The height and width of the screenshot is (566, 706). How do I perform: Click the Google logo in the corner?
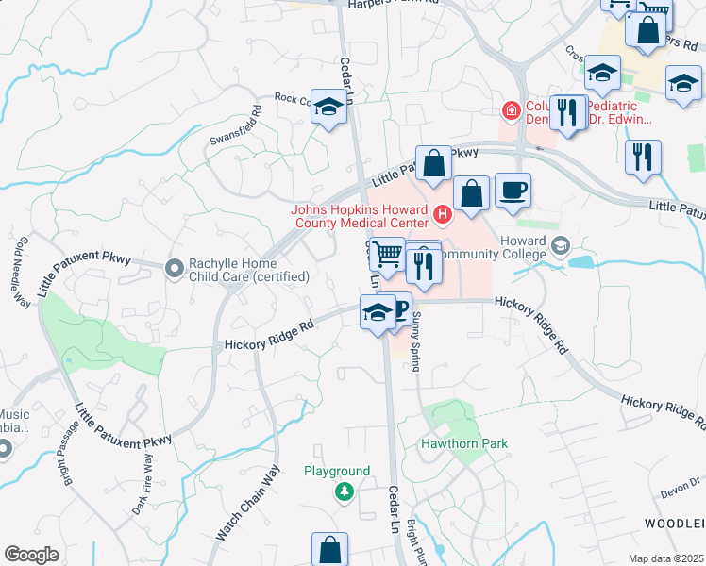click(x=31, y=555)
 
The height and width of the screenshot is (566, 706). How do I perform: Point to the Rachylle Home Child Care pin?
click(x=174, y=269)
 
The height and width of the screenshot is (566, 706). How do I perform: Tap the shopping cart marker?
click(x=388, y=255)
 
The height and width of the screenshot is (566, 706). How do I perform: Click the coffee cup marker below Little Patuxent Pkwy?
click(x=513, y=191)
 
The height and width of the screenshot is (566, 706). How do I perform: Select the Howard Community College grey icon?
click(x=562, y=246)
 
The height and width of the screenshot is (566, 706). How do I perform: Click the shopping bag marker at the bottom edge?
click(x=330, y=549)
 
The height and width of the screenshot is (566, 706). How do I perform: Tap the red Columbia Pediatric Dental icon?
click(x=512, y=111)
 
